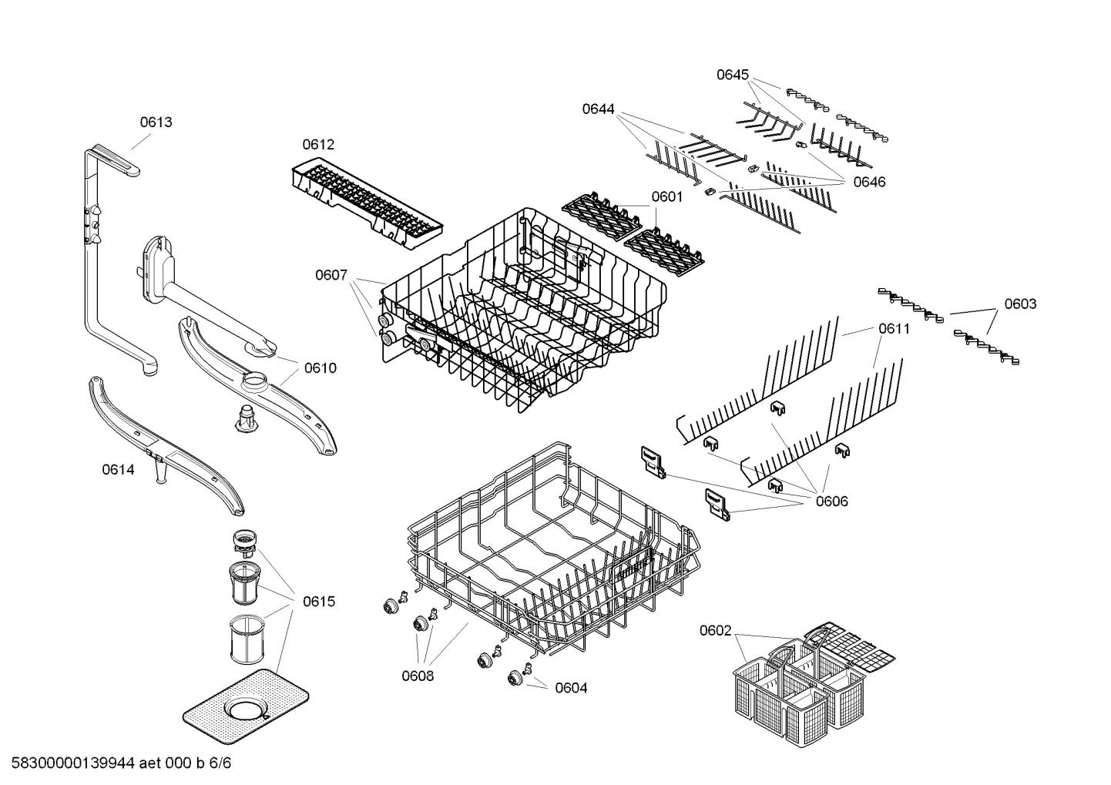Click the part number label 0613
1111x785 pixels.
(x=156, y=122)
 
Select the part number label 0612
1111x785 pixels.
(x=318, y=144)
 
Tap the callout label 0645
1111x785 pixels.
(x=732, y=75)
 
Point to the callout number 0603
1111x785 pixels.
(x=1019, y=304)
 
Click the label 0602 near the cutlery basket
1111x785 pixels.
(x=715, y=631)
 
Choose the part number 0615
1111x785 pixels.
(x=319, y=601)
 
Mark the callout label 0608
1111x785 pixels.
(x=417, y=676)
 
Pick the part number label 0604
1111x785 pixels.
(x=571, y=688)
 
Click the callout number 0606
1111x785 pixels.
(x=831, y=502)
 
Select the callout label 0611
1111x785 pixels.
(x=894, y=329)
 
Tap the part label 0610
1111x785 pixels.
(x=320, y=368)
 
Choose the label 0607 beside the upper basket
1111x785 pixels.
(x=331, y=274)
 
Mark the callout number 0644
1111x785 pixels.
(x=598, y=109)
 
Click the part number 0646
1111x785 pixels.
(x=869, y=182)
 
